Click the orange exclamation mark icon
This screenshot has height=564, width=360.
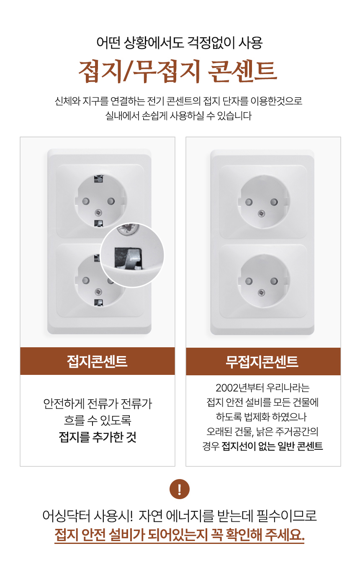pos(179,489)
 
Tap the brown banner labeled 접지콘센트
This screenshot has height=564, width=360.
pos(98,361)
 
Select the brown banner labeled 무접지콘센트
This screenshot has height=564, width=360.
pos(263,361)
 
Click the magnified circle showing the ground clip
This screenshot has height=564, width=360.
pos(132,255)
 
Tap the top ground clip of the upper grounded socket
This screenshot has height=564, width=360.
pos(99,179)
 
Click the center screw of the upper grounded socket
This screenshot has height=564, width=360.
pos(98,213)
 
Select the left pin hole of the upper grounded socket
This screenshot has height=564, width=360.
pos(86,201)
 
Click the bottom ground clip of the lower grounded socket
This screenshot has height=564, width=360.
pos(99,303)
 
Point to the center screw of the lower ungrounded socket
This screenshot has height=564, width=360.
pos(261,292)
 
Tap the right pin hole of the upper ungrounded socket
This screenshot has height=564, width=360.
pos(274,202)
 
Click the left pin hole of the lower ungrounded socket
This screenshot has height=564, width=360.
pos(249,281)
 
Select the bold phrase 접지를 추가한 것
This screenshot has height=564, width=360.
pos(98,437)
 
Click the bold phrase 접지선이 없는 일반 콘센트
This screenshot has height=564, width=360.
pos(272,446)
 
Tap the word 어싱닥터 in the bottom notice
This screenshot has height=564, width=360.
pos(66,515)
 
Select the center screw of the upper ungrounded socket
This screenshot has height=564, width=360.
pos(261,214)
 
